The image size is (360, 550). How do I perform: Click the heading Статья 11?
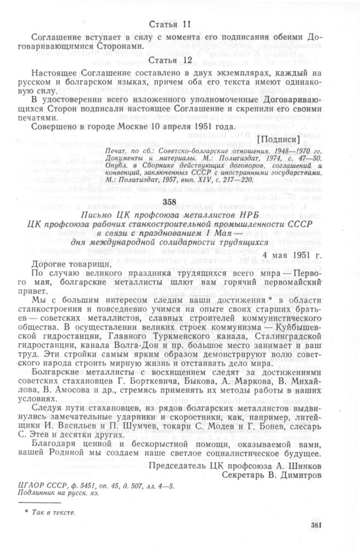tap(171, 24)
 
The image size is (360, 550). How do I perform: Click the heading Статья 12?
tap(171, 59)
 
